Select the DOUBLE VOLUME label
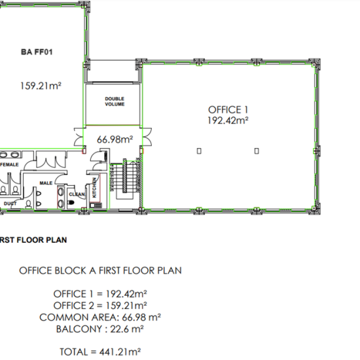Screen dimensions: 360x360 [x=115, y=101]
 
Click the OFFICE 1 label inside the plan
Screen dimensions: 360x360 [x=228, y=109]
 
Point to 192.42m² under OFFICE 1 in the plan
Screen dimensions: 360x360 [x=228, y=120]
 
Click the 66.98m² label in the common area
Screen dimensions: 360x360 [x=115, y=139]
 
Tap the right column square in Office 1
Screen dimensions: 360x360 [x=257, y=151]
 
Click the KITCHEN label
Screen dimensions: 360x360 [x=95, y=188]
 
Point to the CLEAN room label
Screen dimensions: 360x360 [x=77, y=194]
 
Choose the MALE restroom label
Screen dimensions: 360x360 [x=46, y=184]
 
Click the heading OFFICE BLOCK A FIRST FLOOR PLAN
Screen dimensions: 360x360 [x=100, y=270]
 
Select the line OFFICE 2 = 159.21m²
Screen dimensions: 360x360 [x=100, y=305]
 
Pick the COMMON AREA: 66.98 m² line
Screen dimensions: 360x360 [x=100, y=317]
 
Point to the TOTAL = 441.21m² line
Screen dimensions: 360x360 [x=100, y=351]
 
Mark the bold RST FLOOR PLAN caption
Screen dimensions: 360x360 [x=33, y=240]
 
